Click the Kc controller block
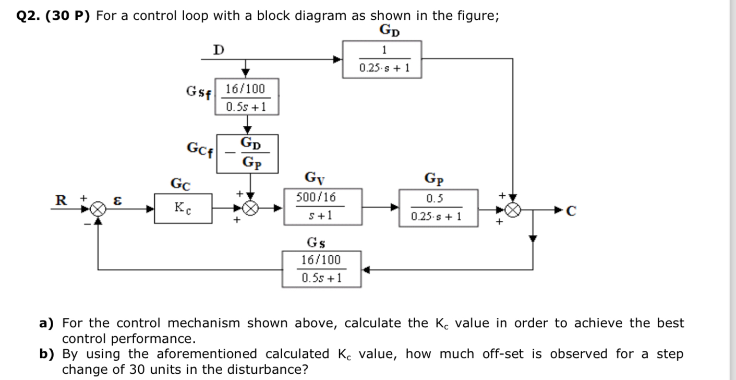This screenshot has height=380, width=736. pyautogui.click(x=183, y=208)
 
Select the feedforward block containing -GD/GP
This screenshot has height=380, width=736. pyautogui.click(x=248, y=153)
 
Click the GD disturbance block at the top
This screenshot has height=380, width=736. pyautogui.click(x=382, y=59)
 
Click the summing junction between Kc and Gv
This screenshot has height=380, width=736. pyautogui.click(x=251, y=209)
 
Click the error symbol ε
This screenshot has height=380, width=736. pyautogui.click(x=119, y=199)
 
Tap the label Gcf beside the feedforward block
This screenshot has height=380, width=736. pyautogui.click(x=200, y=147)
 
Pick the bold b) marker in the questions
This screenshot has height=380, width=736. pyautogui.click(x=49, y=354)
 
